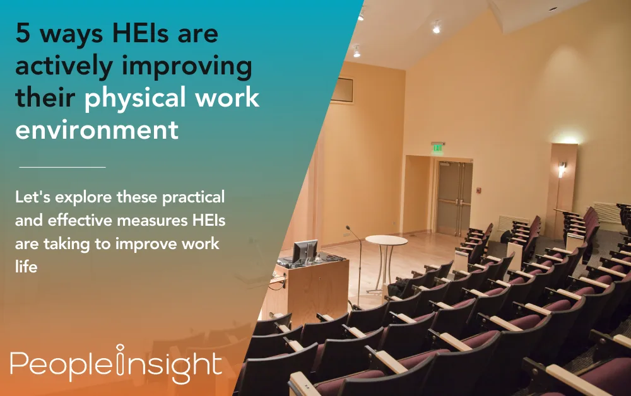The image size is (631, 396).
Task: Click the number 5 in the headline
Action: (x=23, y=34)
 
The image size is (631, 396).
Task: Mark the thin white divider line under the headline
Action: (x=62, y=167)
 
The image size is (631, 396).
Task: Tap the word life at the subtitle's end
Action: (x=27, y=267)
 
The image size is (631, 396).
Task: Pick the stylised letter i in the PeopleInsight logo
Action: (x=121, y=363)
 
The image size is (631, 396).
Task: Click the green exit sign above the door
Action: (x=437, y=148)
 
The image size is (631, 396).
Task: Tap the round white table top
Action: (x=386, y=240)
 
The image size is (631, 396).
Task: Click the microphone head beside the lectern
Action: (x=348, y=228)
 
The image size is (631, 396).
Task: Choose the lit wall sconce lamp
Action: (x=562, y=169)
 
